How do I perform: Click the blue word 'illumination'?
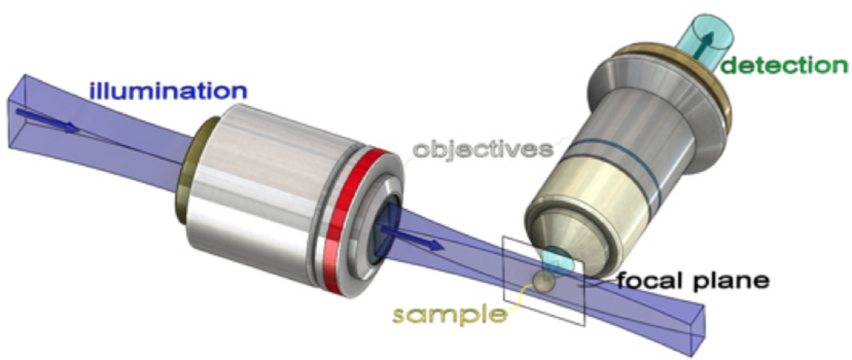[168, 90]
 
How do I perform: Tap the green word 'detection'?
[784, 65]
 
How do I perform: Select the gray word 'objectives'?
[483, 150]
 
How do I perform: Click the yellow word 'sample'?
[450, 315]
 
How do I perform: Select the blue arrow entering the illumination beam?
[47, 121]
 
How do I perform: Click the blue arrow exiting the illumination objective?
[413, 238]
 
